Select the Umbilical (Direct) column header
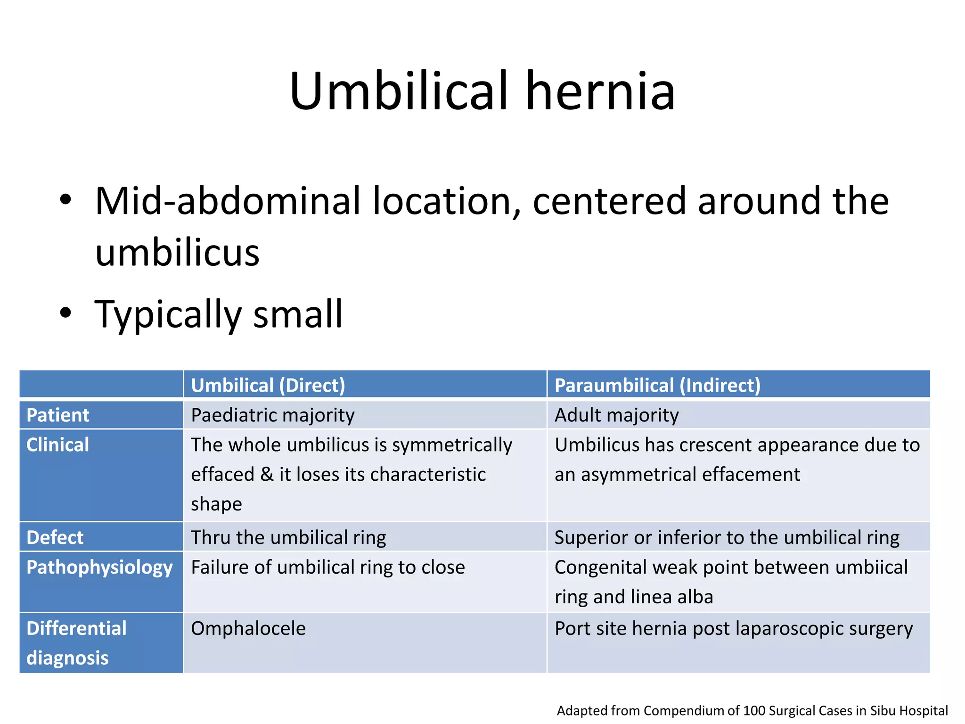pos(268,385)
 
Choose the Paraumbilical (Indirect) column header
pos(657,385)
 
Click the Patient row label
pos(57,415)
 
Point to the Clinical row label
pos(57,445)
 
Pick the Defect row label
pos(55,537)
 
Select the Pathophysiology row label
pos(99,568)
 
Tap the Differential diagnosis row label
pos(76,643)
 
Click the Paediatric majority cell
pos(272,415)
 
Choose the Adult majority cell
pos(616,415)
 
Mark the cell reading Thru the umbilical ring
pos(288,537)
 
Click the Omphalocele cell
pos(248,628)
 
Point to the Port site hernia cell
pos(733,628)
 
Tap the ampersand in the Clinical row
pos(267,474)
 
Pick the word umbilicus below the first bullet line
pos(177,253)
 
